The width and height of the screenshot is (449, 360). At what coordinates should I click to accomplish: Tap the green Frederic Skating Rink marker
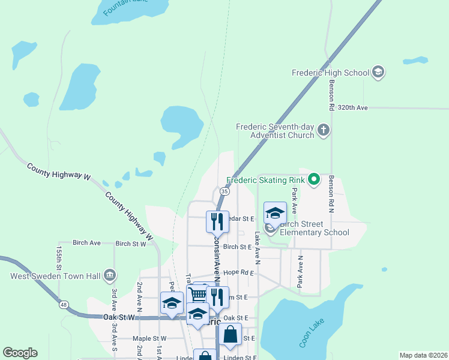pyautogui.click(x=313, y=179)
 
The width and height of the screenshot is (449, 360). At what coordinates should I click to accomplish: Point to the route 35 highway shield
pyautogui.click(x=224, y=191)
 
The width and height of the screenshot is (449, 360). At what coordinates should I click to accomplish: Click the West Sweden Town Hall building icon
pyautogui.click(x=110, y=276)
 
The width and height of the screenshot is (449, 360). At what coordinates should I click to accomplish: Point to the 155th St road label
pyautogui.click(x=59, y=257)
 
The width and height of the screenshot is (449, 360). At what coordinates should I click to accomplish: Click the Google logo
pyautogui.click(x=20, y=352)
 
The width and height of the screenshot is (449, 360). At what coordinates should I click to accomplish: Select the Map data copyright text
pyautogui.click(x=423, y=355)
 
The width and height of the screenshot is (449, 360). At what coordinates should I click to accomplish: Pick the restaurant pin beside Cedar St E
pyautogui.click(x=217, y=221)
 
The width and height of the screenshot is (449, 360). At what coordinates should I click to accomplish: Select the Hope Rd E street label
pyautogui.click(x=238, y=272)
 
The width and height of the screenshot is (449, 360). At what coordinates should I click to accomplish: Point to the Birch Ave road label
pyautogui.click(x=86, y=243)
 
